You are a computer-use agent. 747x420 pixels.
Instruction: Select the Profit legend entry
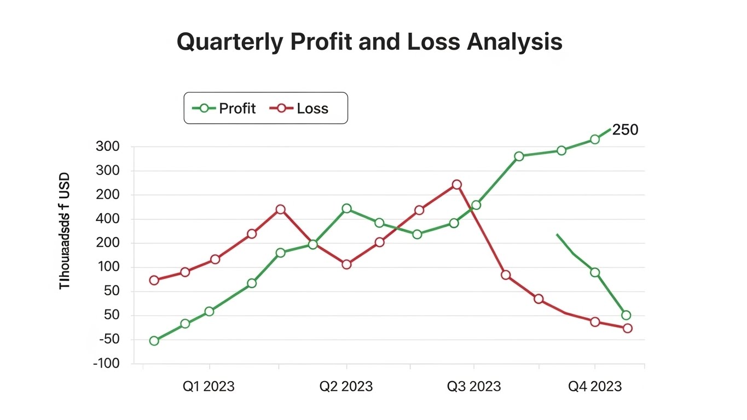[x=224, y=108]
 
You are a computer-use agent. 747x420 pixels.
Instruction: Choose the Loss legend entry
[x=300, y=108]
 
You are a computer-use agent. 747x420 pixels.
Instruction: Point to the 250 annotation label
[x=625, y=130]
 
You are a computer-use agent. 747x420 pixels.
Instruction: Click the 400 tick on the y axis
[x=107, y=219]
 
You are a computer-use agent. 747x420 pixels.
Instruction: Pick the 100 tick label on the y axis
[x=107, y=267]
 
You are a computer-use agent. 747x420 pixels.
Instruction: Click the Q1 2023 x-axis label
[x=208, y=387]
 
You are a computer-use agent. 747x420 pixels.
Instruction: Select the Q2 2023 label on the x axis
[x=346, y=387]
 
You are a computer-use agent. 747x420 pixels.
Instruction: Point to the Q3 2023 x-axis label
[x=474, y=387]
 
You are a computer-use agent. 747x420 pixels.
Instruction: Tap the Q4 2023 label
[x=595, y=387]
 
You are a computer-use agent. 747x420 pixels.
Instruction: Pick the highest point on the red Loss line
[x=456, y=185]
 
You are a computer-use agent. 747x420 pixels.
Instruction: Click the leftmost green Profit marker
[x=154, y=341]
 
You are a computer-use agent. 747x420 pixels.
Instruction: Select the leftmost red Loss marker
[x=154, y=280]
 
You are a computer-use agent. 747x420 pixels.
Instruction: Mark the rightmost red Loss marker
[x=628, y=328]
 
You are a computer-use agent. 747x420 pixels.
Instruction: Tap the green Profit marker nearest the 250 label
[x=595, y=139]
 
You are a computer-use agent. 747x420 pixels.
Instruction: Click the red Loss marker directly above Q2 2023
[x=346, y=264]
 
